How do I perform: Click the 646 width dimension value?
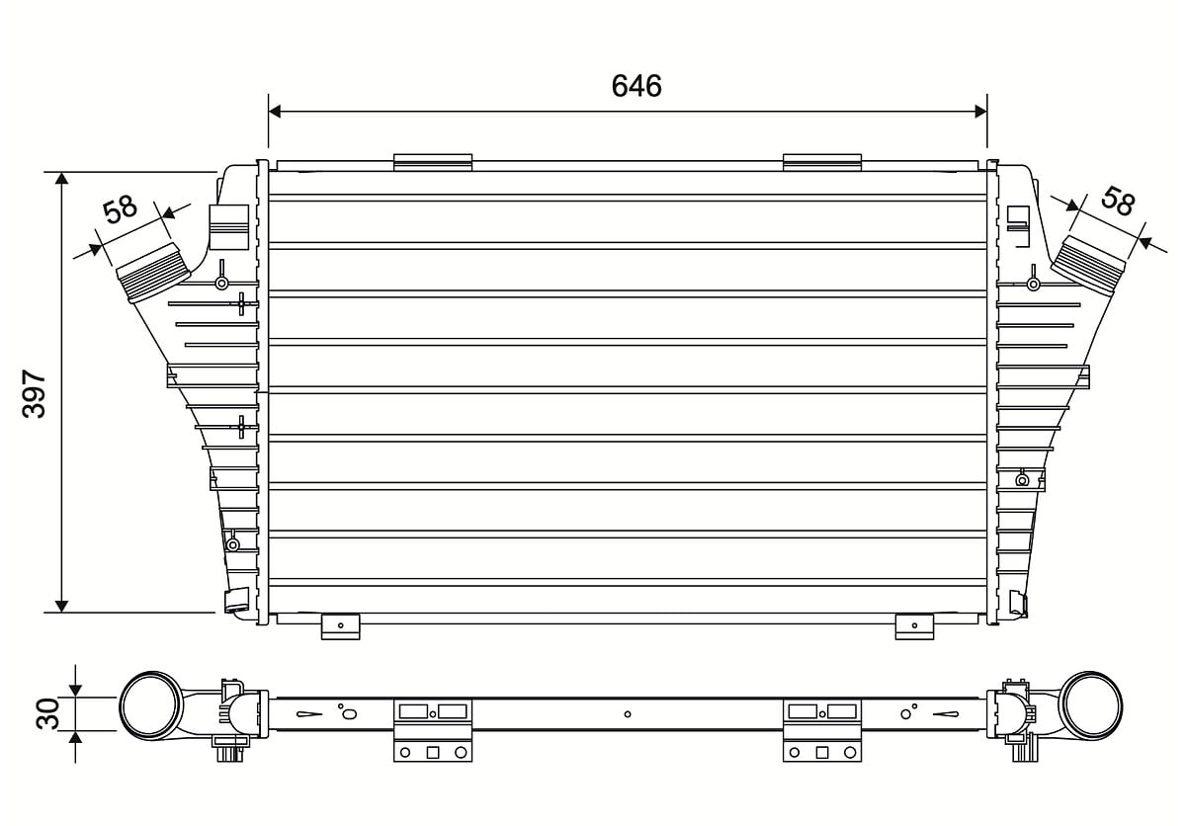[636, 86]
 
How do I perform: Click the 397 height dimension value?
[35, 394]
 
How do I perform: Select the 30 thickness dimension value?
[48, 713]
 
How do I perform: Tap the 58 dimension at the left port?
[121, 209]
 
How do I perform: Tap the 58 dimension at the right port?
[1118, 202]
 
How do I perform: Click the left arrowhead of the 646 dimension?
[275, 112]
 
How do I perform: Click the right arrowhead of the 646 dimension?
[980, 112]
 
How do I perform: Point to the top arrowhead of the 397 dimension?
[62, 178]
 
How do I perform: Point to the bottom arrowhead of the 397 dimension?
[62, 606]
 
